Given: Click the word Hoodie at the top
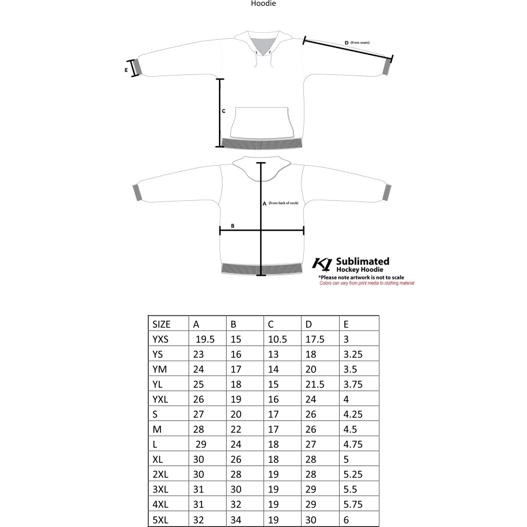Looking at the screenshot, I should [x=263, y=4].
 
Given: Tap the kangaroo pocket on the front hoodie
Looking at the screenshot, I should [x=261, y=120].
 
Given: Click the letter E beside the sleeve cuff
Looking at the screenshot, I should [x=126, y=69].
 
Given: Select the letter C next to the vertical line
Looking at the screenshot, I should [x=224, y=111].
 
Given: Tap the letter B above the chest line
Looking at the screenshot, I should [x=232, y=225].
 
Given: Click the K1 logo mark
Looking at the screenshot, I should [x=323, y=264].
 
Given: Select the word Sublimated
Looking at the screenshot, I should [x=362, y=261].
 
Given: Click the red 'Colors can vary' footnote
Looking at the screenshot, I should [x=367, y=283].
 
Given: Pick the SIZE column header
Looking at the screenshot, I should [x=162, y=324].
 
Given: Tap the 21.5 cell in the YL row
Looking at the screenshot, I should [x=315, y=385].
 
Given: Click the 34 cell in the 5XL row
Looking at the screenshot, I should [x=236, y=520].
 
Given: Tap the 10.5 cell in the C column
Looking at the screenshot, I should [x=277, y=339].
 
